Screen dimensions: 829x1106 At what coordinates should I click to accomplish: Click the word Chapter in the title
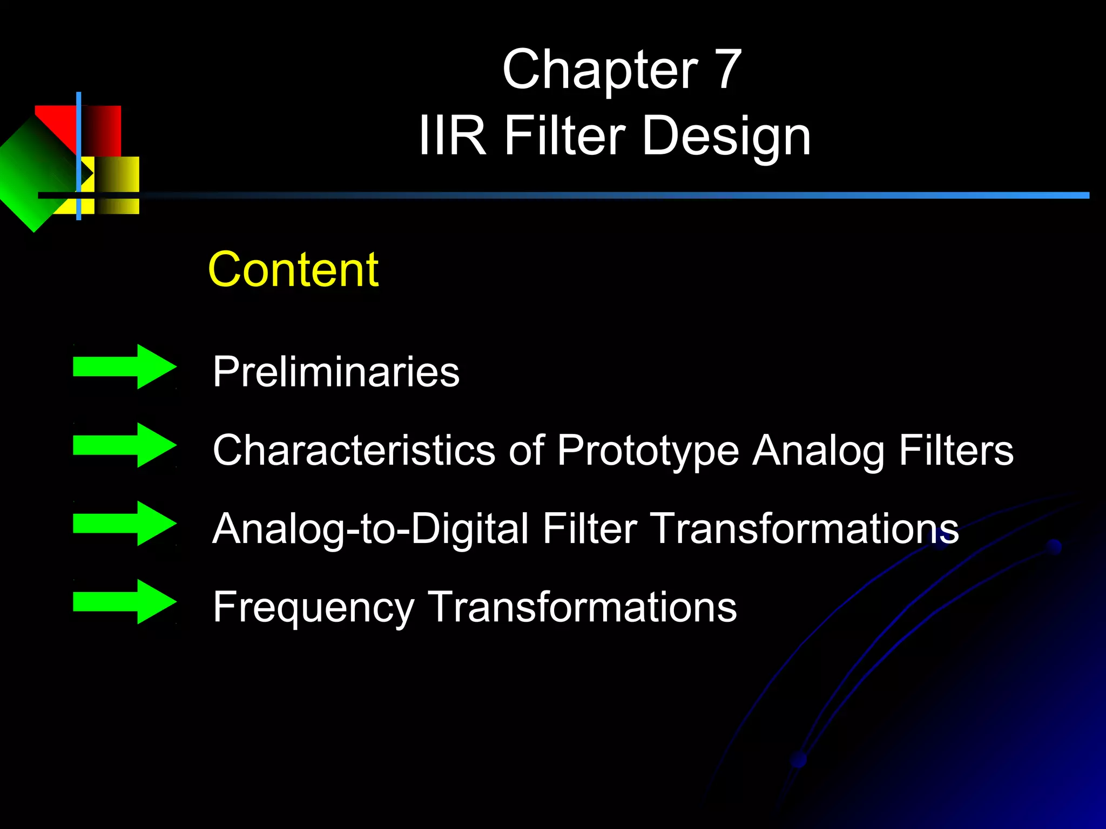pyautogui.click(x=599, y=70)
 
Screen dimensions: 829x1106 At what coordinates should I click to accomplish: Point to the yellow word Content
pyautogui.click(x=293, y=269)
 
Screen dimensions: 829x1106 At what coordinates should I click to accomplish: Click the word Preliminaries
pyautogui.click(x=335, y=372)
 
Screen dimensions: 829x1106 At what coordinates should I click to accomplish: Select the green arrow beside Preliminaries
pyautogui.click(x=125, y=366)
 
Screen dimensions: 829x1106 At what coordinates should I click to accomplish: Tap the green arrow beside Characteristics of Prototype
pyautogui.click(x=125, y=445)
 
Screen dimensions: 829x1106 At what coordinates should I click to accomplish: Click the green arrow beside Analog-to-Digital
pyautogui.click(x=125, y=523)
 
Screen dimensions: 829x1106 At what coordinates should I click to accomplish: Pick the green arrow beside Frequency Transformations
pyautogui.click(x=125, y=601)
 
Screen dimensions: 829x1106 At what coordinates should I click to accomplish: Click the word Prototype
pyautogui.click(x=648, y=451)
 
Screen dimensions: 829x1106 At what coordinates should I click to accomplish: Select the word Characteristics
pyautogui.click(x=354, y=450)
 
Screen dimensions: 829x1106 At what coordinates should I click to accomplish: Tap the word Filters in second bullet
pyautogui.click(x=956, y=450)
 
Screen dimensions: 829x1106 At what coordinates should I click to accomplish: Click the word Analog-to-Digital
pyautogui.click(x=370, y=529)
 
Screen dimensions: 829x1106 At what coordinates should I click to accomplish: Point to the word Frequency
pyautogui.click(x=313, y=608)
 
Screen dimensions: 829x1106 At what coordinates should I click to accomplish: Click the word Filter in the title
pyautogui.click(x=564, y=136)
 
